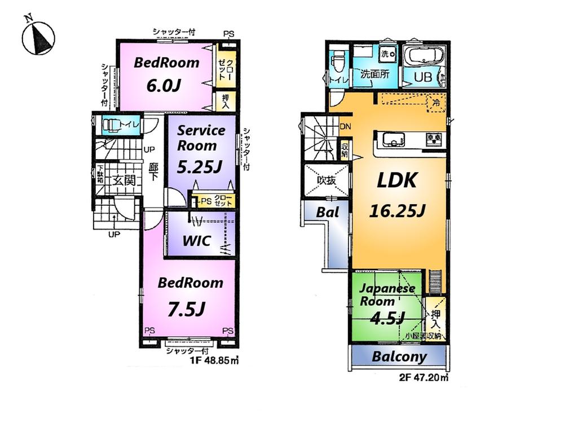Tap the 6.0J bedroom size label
coord(163,86)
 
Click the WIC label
coord(196,241)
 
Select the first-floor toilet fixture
coord(113,125)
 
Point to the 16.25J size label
coord(396,211)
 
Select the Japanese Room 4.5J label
coord(388,302)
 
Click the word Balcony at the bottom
coord(399,357)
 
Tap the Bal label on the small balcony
coord(327,213)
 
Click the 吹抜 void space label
coord(326,181)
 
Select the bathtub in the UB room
coord(426,57)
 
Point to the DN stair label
coord(346,127)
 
